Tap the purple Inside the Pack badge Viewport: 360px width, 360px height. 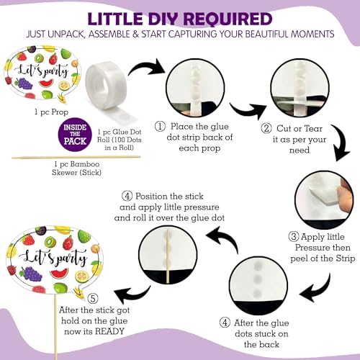pyautogui.click(x=75, y=134)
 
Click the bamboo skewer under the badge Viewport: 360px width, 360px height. pyautogui.click(x=76, y=158)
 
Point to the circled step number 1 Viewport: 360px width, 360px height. pyautogui.click(x=160, y=127)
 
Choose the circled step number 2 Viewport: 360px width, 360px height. pyautogui.click(x=266, y=128)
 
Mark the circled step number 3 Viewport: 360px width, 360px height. pyautogui.click(x=294, y=237)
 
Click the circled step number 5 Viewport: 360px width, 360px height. pyautogui.click(x=93, y=299)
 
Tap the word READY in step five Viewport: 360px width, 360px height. pyautogui.click(x=109, y=331)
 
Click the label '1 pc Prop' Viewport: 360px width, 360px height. pyautogui.click(x=51, y=112)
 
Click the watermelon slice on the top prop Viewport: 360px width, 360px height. pyautogui.click(x=45, y=84)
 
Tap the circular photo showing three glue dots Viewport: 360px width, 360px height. pyautogui.click(x=258, y=284)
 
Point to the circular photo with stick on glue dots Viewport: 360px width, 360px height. pyautogui.click(x=168, y=256)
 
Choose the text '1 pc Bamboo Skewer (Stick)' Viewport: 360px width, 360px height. pyautogui.click(x=76, y=168)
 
